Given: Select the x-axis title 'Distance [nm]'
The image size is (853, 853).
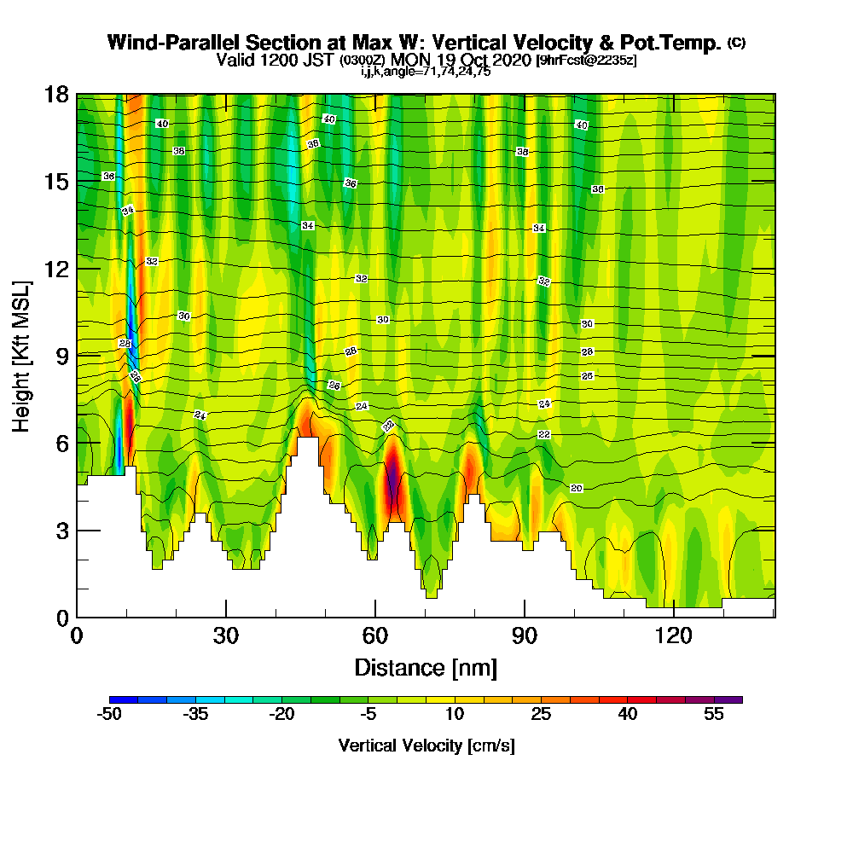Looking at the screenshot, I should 426,666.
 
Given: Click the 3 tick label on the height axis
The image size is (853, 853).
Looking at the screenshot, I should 61,531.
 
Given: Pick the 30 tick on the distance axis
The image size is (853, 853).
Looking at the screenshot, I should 226,635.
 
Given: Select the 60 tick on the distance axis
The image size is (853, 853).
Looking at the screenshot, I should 375,635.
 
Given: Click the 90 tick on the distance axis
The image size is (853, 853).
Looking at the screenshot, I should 524,635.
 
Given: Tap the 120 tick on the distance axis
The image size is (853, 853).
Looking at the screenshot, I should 673,635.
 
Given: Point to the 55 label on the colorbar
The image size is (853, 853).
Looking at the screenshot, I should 714,715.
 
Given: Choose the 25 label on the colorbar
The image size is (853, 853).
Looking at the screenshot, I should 541,715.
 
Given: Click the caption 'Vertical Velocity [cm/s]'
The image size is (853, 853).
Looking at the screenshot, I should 426,746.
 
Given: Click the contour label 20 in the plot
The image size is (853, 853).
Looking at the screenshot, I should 577,488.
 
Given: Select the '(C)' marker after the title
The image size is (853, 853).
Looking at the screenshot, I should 736,43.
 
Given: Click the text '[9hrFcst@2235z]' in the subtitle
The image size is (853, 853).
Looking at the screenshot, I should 585,61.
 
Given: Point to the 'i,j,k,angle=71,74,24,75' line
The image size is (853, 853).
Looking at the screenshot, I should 425,72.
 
